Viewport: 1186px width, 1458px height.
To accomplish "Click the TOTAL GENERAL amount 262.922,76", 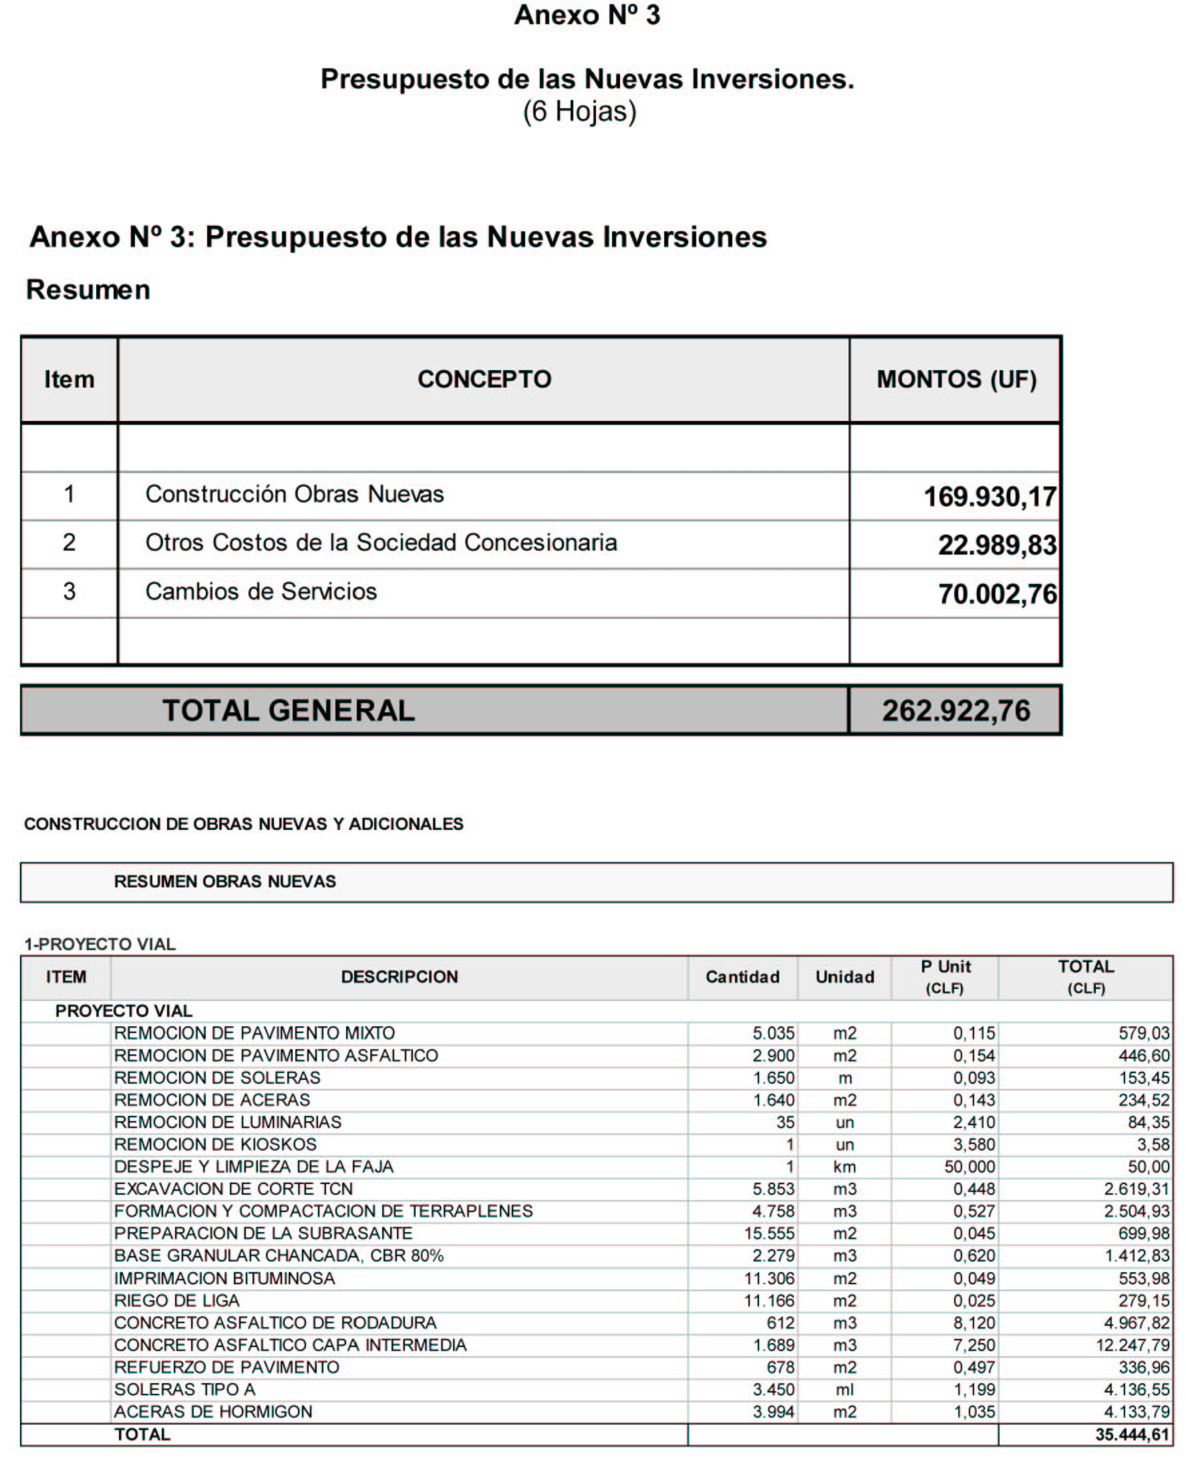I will click(955, 710).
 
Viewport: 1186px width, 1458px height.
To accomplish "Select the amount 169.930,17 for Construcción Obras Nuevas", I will click(990, 496).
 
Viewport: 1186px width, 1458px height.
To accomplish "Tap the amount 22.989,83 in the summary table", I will click(997, 545).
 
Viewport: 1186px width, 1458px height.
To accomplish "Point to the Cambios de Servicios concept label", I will click(261, 591).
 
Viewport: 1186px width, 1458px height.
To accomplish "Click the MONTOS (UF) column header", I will click(955, 379).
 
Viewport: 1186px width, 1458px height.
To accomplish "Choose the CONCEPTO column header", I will click(484, 379).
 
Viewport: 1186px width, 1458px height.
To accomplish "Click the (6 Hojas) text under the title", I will click(579, 112).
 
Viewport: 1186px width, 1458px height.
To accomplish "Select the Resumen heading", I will click(88, 290).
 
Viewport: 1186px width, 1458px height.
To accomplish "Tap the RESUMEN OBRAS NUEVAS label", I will click(225, 881).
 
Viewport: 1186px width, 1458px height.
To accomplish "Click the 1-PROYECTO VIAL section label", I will click(100, 944).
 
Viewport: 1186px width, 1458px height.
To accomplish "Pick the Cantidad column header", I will click(742, 977).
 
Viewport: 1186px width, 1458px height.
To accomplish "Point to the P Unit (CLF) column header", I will click(945, 977).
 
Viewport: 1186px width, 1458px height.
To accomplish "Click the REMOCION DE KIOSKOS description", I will click(215, 1145).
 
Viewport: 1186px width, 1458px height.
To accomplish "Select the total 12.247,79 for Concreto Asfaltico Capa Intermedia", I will click(1133, 1345).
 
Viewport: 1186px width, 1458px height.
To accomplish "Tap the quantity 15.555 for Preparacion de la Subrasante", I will click(769, 1233).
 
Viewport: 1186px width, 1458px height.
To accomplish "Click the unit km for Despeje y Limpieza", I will click(845, 1167).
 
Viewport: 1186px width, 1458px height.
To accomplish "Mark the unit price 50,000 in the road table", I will click(970, 1167).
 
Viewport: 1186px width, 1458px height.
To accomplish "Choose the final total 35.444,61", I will click(1132, 1435).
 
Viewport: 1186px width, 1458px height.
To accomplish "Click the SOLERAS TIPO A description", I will click(184, 1390).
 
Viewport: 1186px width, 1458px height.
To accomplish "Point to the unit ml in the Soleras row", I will click(845, 1390).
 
